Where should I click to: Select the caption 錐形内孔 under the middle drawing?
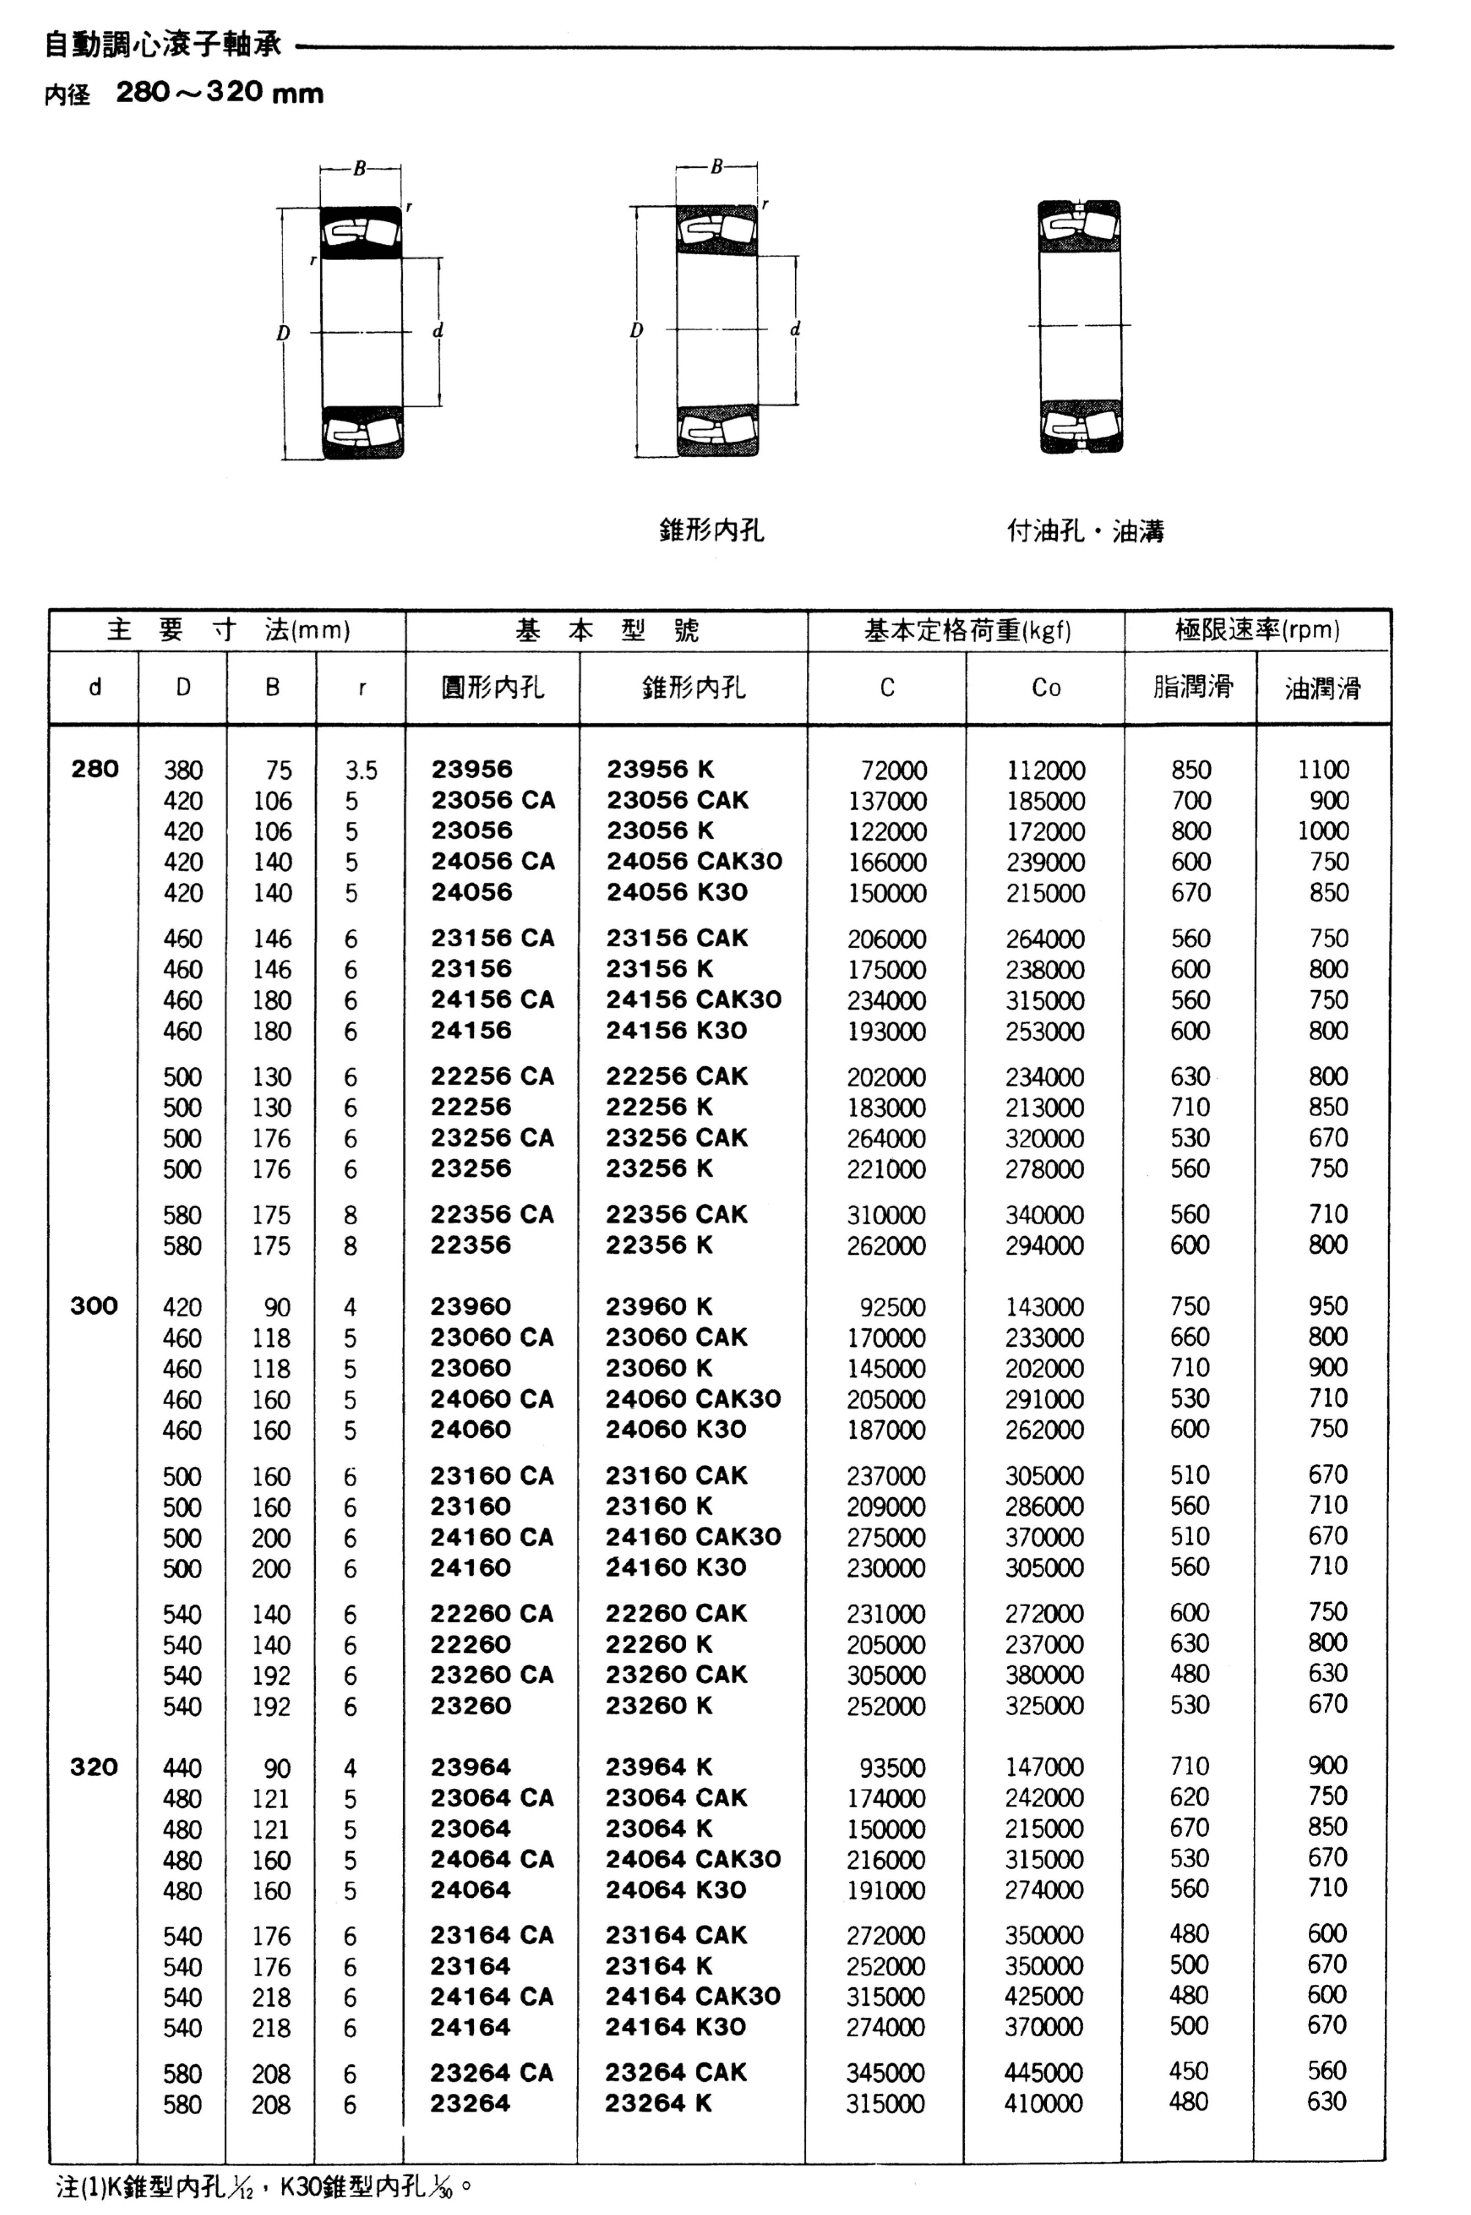(x=711, y=531)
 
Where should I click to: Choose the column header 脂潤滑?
(x=1191, y=687)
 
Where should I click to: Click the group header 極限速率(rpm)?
(x=1257, y=630)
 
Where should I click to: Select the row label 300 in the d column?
(x=94, y=1305)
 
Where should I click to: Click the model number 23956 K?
(x=660, y=770)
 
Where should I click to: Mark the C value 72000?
(x=893, y=771)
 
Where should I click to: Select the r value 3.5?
(x=361, y=771)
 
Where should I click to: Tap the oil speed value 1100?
(x=1323, y=770)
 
